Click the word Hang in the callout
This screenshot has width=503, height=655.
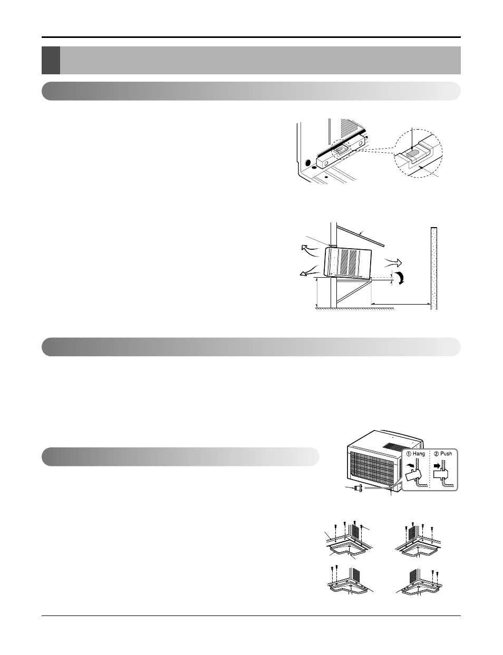pyautogui.click(x=419, y=453)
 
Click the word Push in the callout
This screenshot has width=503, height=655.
pyautogui.click(x=447, y=453)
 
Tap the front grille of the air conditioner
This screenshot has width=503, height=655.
pyautogui.click(x=372, y=470)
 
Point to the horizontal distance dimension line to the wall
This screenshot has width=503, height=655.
pyautogui.click(x=400, y=304)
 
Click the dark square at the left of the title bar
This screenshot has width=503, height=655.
pyautogui.click(x=51, y=60)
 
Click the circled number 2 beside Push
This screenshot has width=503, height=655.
pyautogui.click(x=437, y=453)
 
